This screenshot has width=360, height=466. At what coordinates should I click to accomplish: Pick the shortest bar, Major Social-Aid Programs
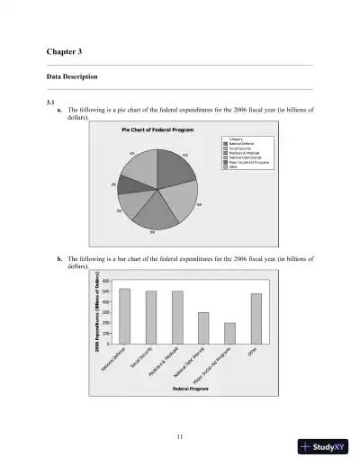tap(229, 333)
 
